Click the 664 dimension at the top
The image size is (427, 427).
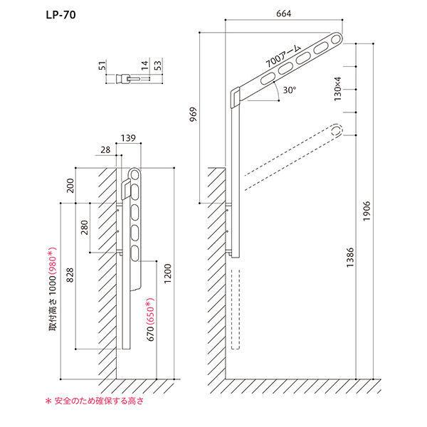(x=283, y=14)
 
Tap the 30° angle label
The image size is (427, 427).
(x=288, y=90)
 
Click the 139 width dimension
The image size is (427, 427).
(x=129, y=137)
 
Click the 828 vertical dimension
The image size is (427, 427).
(x=69, y=276)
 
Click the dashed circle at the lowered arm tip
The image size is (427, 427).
(x=336, y=131)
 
